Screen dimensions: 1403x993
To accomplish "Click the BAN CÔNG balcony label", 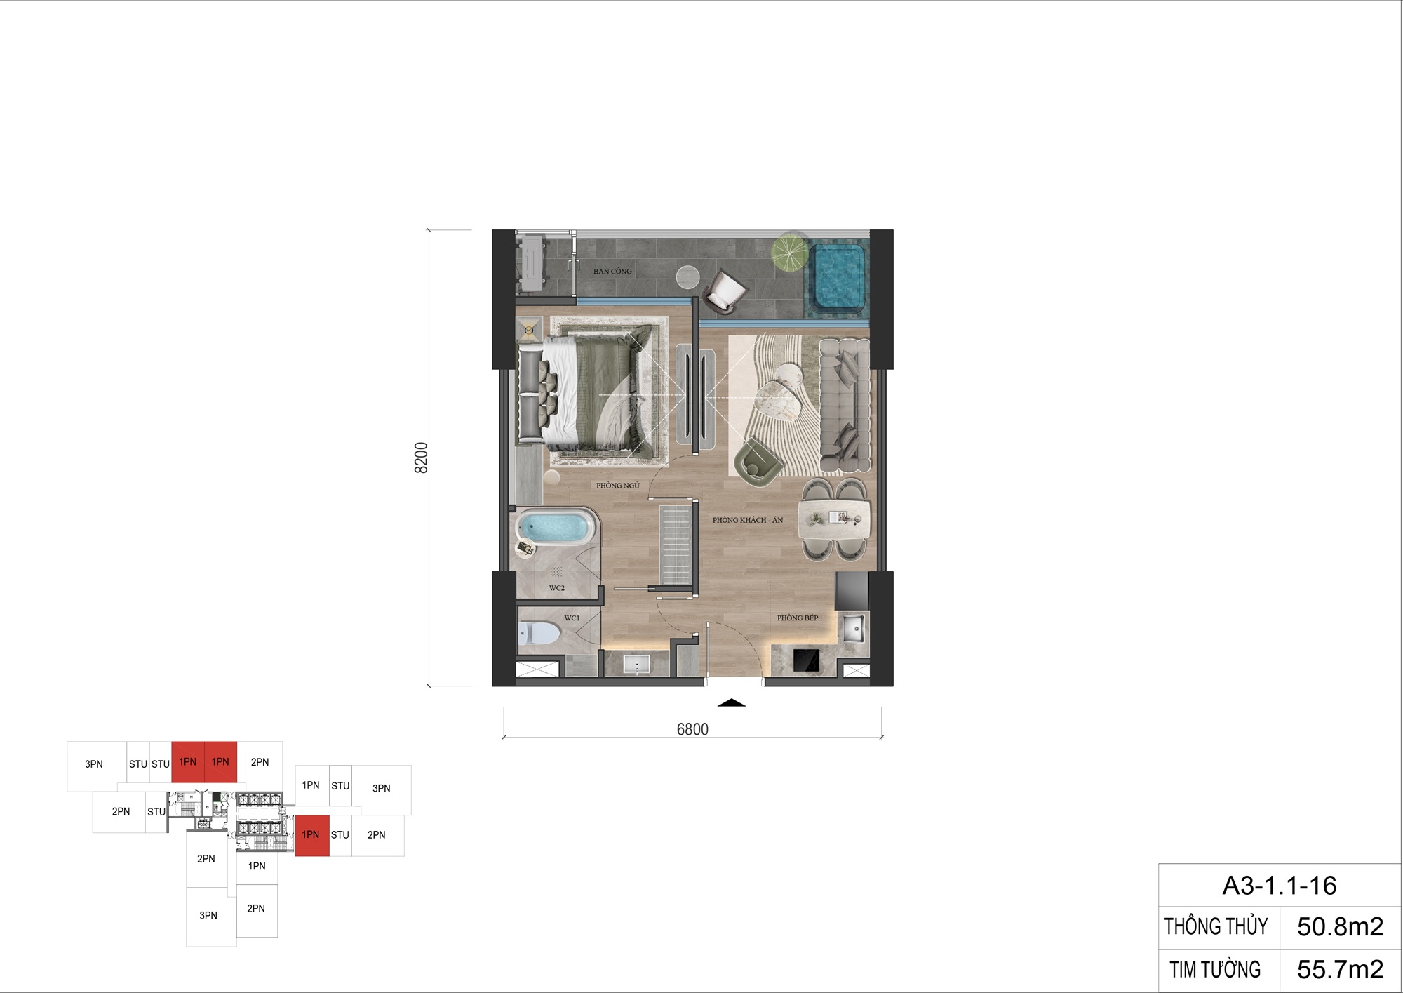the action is (x=612, y=271).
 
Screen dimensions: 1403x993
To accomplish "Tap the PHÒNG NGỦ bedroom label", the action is (x=618, y=486).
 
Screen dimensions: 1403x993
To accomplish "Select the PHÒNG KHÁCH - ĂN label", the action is (x=748, y=520).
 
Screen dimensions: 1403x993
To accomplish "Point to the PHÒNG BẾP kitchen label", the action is (x=798, y=618).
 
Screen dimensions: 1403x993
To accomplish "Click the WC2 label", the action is (x=557, y=588).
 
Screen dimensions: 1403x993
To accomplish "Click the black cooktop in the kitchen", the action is (x=806, y=660).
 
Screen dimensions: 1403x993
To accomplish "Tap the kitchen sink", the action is (x=853, y=628).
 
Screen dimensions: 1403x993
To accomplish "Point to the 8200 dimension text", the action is (x=421, y=458).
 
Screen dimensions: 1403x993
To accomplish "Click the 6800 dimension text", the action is (x=692, y=730).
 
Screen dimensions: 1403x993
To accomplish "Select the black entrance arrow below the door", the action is (x=732, y=702).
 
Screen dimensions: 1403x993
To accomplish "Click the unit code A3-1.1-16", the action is (x=1280, y=886).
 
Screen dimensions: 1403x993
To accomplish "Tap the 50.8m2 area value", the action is (x=1340, y=927).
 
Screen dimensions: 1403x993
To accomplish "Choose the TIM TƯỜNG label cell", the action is (x=1215, y=970).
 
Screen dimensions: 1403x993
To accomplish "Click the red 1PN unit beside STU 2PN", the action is (x=311, y=835).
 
